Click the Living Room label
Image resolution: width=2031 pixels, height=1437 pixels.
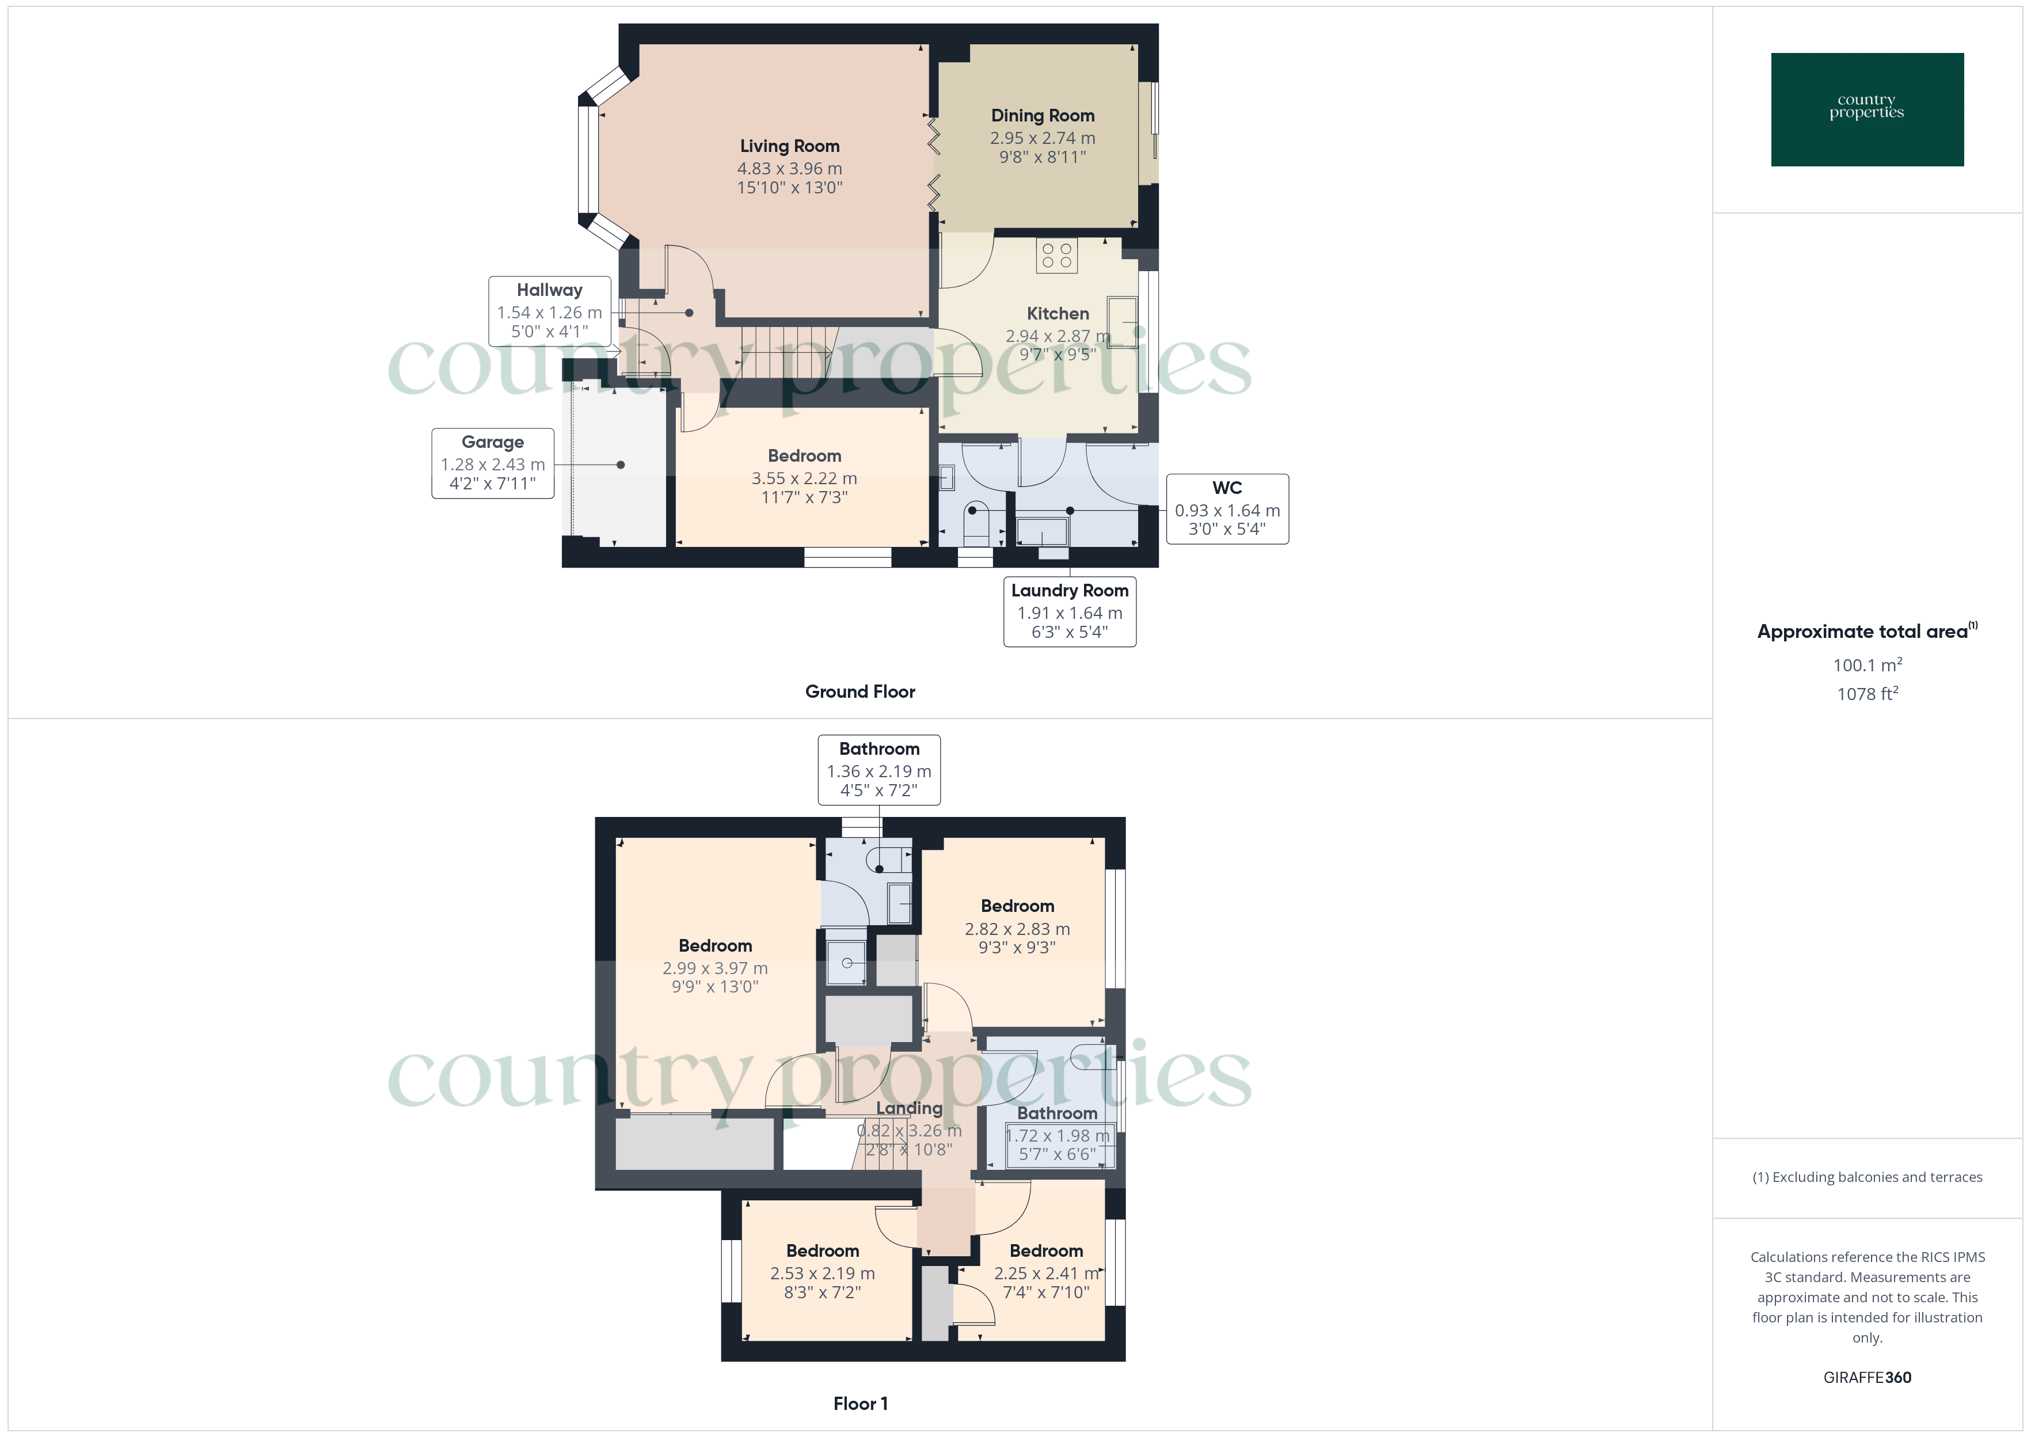click(789, 147)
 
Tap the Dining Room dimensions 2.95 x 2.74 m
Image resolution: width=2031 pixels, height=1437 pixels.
click(1042, 139)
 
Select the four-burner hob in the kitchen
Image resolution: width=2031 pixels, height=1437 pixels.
click(1056, 256)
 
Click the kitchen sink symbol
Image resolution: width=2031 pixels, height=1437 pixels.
click(1121, 323)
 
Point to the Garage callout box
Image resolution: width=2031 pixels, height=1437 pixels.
click(493, 463)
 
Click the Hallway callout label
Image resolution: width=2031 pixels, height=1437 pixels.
click(549, 290)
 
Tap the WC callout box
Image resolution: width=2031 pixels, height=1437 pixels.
click(1226, 509)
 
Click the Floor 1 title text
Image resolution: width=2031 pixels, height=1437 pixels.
click(860, 1404)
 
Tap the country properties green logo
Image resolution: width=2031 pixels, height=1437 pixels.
click(1866, 110)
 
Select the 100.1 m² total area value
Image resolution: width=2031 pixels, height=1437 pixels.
click(1866, 664)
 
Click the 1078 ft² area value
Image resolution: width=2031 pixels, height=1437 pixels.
click(1866, 694)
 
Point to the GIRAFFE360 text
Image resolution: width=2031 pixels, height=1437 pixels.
click(1866, 1377)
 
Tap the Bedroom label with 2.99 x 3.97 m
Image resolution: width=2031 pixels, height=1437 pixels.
click(715, 946)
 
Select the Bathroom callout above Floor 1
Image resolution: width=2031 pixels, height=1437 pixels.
click(878, 770)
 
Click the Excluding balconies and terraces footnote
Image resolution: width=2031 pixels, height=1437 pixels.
click(1866, 1177)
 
